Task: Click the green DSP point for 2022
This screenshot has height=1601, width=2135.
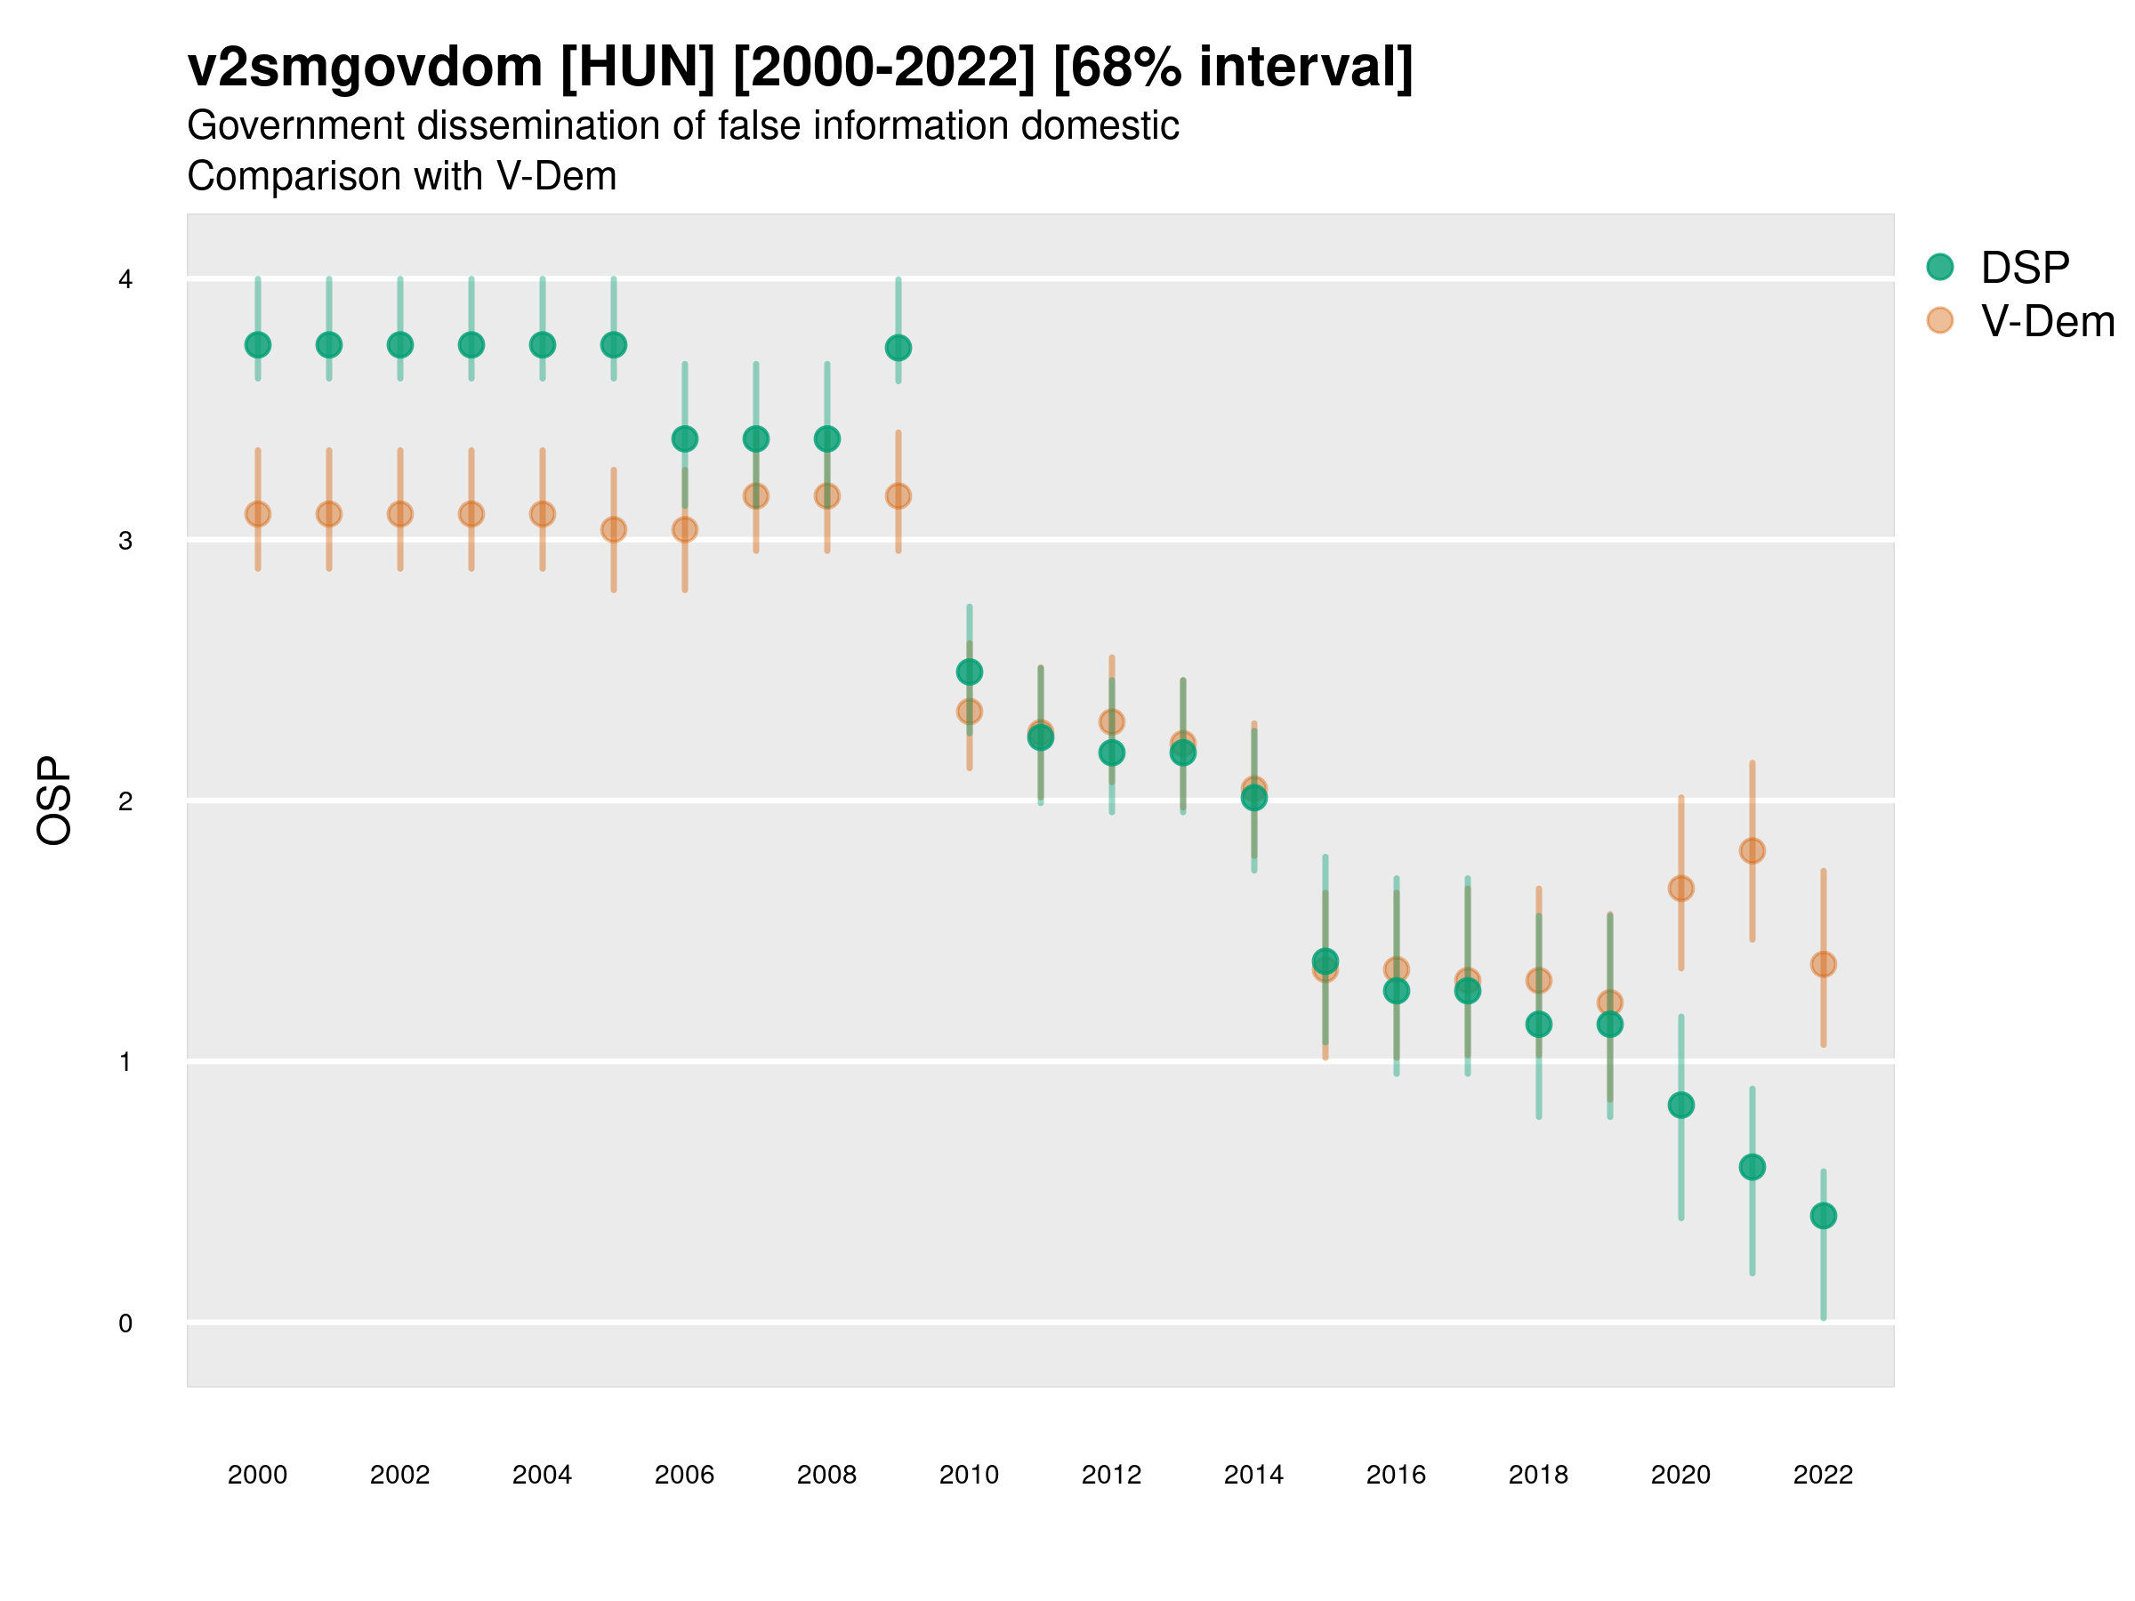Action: tap(1824, 1216)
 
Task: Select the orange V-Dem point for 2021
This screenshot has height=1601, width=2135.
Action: tap(1752, 850)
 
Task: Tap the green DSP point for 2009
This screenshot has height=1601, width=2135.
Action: tap(898, 348)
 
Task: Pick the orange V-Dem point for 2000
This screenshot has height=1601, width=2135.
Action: tap(258, 514)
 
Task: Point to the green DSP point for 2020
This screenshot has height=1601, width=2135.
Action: tap(1680, 1105)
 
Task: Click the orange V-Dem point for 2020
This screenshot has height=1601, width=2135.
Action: tap(1680, 888)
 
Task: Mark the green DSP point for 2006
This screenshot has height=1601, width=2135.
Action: tap(684, 439)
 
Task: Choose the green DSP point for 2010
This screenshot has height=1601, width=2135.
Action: tap(969, 672)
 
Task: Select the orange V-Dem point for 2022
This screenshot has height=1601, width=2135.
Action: tap(1824, 964)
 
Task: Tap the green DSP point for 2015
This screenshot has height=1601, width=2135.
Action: tap(1325, 961)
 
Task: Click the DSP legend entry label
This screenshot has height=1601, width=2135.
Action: tap(2025, 268)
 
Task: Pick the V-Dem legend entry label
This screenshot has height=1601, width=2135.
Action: tap(2047, 321)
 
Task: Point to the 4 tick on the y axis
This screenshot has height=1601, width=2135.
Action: tap(125, 280)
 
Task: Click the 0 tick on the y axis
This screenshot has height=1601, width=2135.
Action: tap(125, 1323)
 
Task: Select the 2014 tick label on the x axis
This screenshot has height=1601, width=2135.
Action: tap(1253, 1475)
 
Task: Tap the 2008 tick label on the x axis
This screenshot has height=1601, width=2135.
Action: tap(827, 1475)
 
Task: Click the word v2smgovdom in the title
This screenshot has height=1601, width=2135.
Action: tap(365, 68)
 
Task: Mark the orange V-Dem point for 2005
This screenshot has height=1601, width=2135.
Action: tap(614, 530)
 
